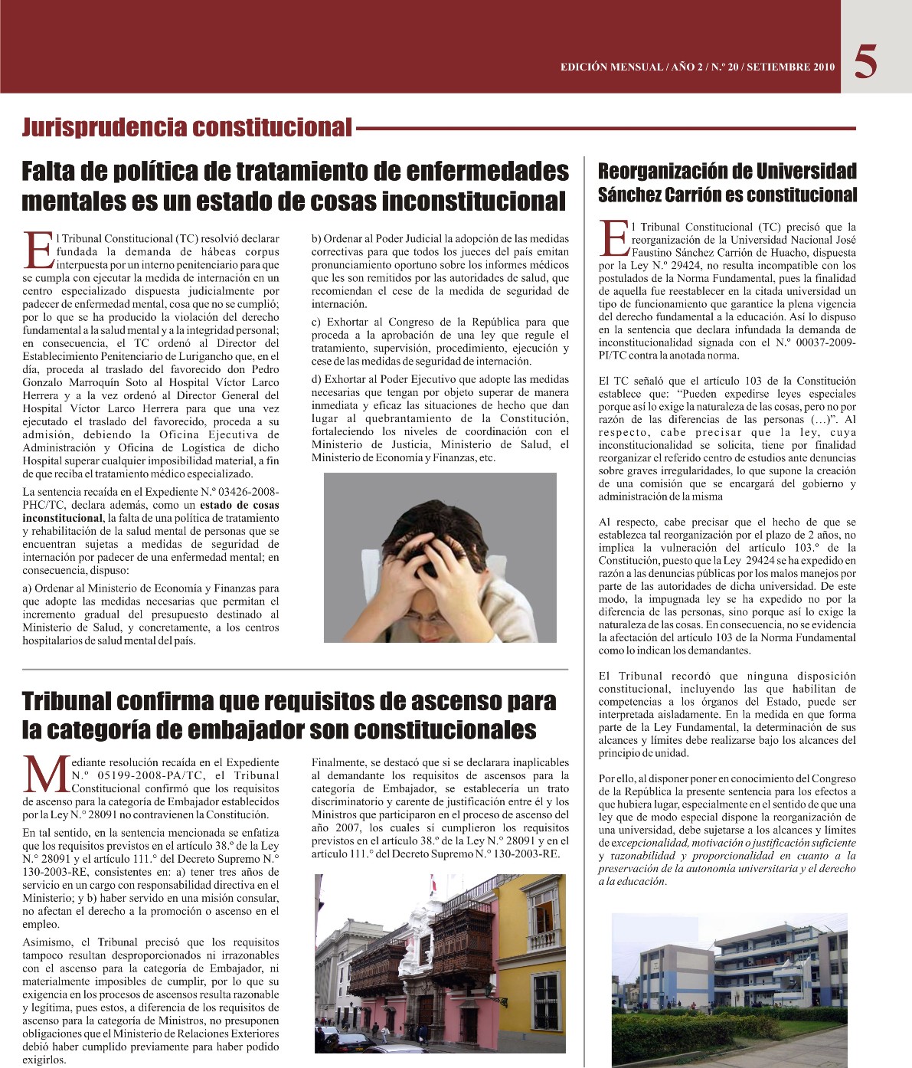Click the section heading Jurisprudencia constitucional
(187, 127)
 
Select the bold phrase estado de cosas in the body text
(239, 505)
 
